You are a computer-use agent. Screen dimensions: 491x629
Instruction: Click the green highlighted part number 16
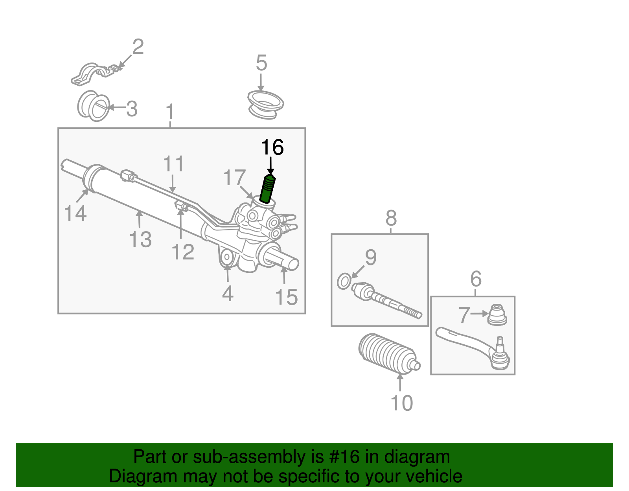click(268, 189)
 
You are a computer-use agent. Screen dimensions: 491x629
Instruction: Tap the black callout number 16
click(272, 148)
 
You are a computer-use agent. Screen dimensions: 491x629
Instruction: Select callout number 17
click(234, 178)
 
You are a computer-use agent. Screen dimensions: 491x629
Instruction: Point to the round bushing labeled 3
click(94, 107)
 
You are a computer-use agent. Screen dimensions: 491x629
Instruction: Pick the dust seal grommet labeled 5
click(265, 105)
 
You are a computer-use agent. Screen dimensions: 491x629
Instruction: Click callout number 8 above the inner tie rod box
click(391, 218)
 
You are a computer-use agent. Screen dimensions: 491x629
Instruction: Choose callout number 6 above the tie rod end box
click(476, 279)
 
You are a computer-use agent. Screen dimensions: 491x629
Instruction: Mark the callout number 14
click(75, 213)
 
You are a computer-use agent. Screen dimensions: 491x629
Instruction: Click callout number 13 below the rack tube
click(140, 239)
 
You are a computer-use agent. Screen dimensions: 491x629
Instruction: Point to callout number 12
click(183, 252)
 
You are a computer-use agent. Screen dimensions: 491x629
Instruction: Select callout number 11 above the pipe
click(173, 164)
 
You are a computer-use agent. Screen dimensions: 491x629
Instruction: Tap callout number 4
click(228, 293)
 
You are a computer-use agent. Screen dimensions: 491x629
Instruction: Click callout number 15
click(286, 297)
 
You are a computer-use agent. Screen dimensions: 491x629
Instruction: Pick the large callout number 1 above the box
click(170, 112)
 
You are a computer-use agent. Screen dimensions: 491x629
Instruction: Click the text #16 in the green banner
click(342, 457)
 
